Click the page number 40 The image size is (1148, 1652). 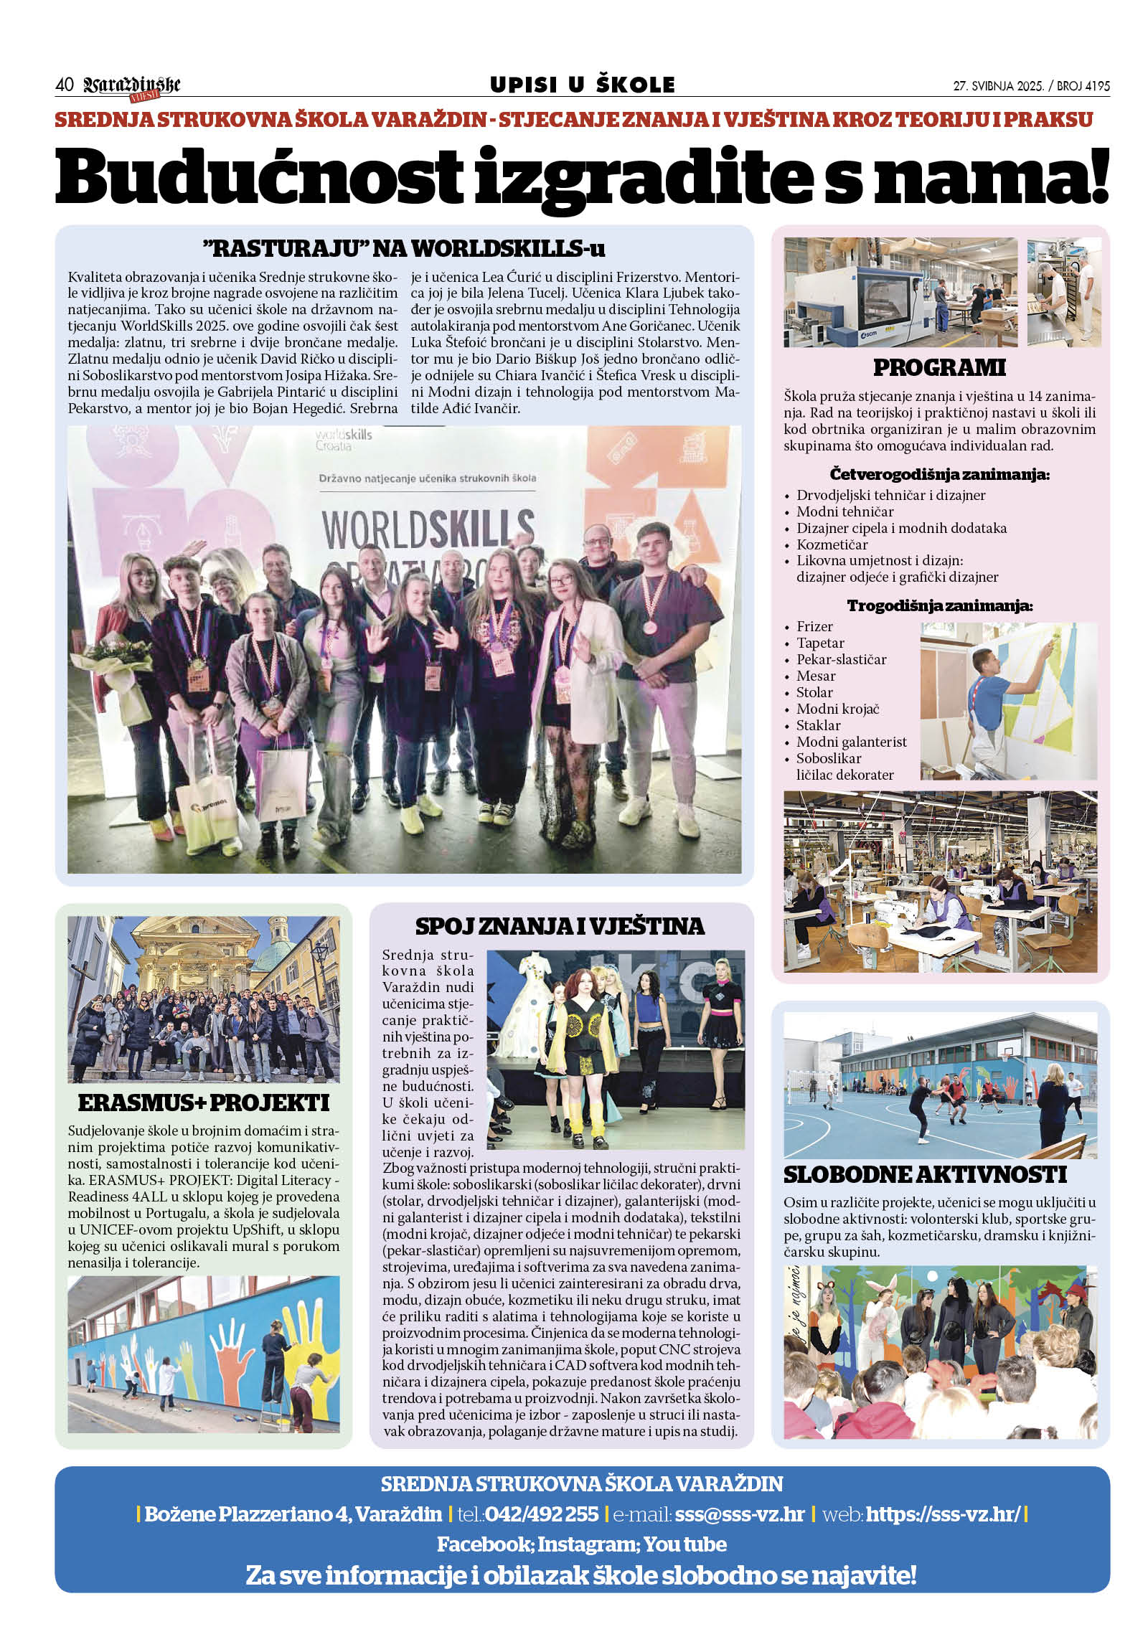pyautogui.click(x=64, y=85)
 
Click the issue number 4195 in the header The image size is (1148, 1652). pyautogui.click(x=1096, y=86)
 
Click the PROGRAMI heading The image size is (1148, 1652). pyautogui.click(x=938, y=368)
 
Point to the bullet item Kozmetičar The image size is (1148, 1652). pyautogui.click(x=832, y=544)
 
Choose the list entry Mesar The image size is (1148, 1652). pyautogui.click(x=816, y=676)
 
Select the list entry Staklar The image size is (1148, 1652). pyautogui.click(x=818, y=726)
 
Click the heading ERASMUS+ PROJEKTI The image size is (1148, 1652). pyautogui.click(x=204, y=1103)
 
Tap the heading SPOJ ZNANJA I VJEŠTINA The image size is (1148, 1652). pyautogui.click(x=560, y=926)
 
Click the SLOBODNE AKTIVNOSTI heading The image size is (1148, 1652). pyautogui.click(x=924, y=1175)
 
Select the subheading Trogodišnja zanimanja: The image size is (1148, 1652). pyautogui.click(x=939, y=605)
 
